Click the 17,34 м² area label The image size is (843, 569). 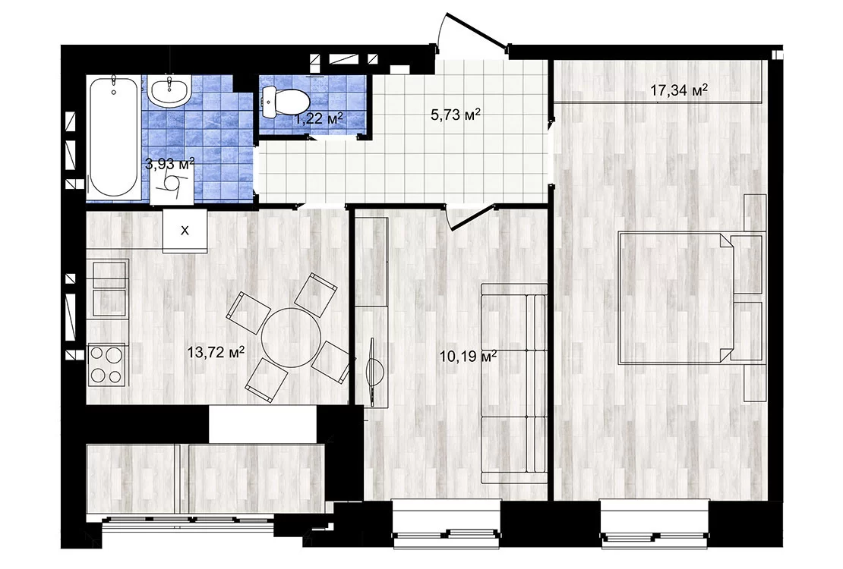tap(678, 90)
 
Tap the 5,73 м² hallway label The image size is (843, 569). tap(455, 115)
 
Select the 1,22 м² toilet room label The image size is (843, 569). tap(317, 118)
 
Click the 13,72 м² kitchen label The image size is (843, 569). tap(216, 353)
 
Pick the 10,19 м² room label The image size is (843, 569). tap(468, 357)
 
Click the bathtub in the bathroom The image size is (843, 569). tap(113, 137)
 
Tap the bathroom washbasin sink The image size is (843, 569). tap(169, 90)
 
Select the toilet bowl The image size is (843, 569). tap(286, 100)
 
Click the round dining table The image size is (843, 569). tap(291, 338)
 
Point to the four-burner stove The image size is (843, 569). tap(106, 363)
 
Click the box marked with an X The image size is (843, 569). tap(185, 231)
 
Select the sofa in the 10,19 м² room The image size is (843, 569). tap(514, 384)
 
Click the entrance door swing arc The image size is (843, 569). tap(442, 30)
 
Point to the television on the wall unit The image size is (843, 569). tap(374, 371)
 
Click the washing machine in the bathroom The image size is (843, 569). tap(171, 185)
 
